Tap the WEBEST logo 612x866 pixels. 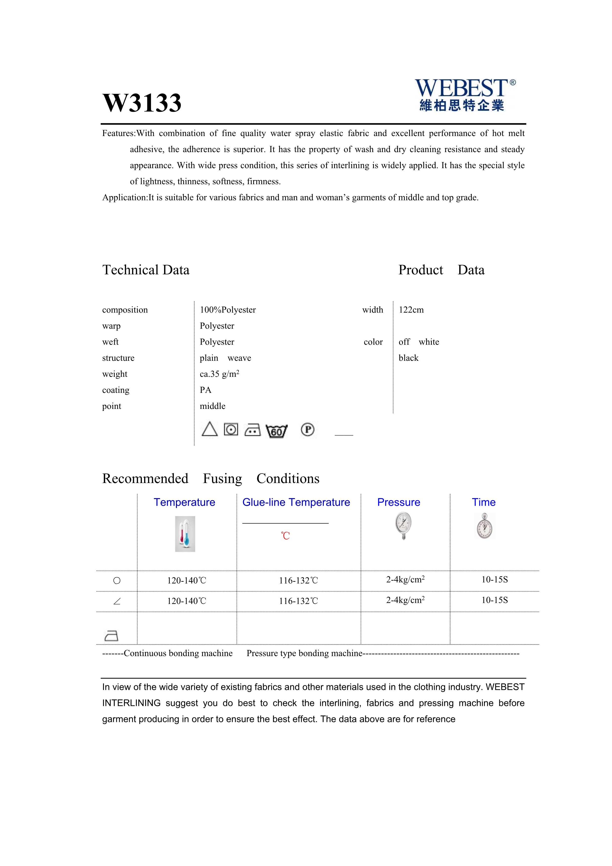tap(465, 95)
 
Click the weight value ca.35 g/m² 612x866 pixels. tap(219, 374)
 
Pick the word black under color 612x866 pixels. tap(408, 358)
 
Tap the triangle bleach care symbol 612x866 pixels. tap(210, 429)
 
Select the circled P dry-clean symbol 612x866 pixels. tap(307, 430)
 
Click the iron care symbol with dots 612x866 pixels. tap(252, 430)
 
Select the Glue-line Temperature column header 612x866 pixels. tap(296, 503)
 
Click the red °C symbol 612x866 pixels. tap(285, 536)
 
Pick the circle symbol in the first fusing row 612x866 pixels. tap(117, 581)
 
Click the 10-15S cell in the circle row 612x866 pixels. tap(495, 580)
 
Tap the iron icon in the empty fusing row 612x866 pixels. tap(111, 636)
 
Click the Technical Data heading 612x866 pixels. tap(146, 270)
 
